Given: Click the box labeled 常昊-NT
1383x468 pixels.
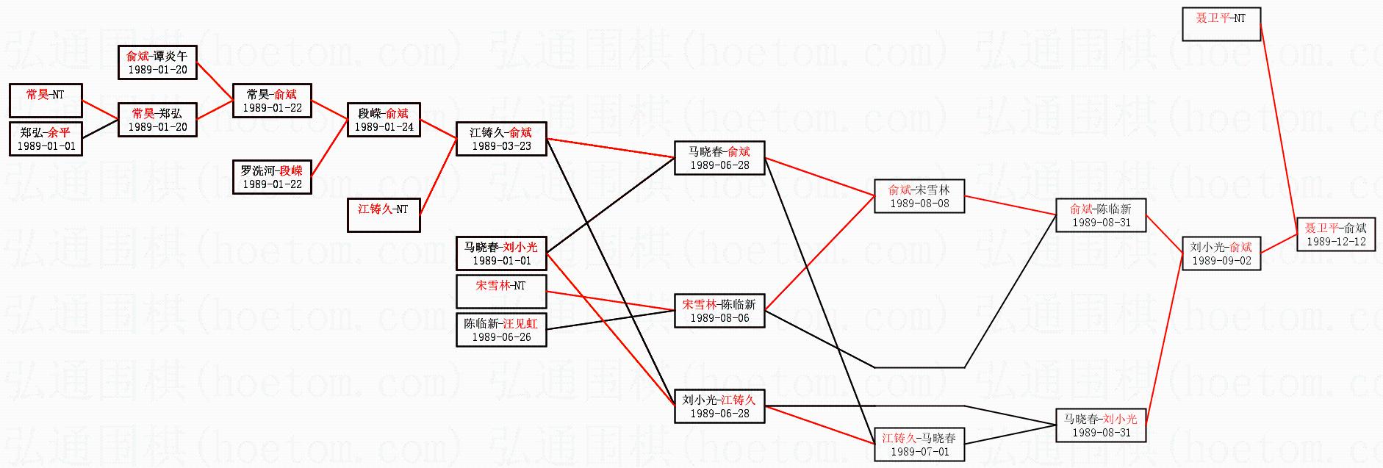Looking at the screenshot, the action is click(46, 101).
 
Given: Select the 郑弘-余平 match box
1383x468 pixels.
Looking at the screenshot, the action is click(46, 139).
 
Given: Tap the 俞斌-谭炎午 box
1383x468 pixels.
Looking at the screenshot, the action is click(157, 62).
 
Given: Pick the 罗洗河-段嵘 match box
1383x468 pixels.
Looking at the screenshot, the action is click(272, 177).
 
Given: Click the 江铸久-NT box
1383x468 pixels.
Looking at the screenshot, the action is click(384, 215).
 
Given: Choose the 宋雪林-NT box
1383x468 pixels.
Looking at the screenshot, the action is click(501, 292).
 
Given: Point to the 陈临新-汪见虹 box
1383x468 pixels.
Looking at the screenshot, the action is click(501, 330).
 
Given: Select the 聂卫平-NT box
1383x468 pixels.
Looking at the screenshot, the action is click(1221, 24).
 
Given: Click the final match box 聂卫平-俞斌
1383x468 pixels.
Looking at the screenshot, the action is click(1336, 234).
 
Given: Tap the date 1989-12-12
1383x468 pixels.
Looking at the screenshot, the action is click(1336, 242).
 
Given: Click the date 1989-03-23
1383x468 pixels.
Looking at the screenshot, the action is click(501, 146).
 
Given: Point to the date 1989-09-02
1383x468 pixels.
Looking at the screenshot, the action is click(1221, 261).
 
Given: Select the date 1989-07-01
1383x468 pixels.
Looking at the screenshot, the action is click(919, 452).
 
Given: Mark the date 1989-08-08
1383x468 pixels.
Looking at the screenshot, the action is click(919, 204).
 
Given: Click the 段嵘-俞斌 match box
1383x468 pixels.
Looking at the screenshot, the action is click(384, 120).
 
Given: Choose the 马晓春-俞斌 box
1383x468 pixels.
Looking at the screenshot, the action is click(719, 158).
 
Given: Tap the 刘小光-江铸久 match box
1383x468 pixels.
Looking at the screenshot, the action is click(719, 406).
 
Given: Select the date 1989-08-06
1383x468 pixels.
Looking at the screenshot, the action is click(719, 318).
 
